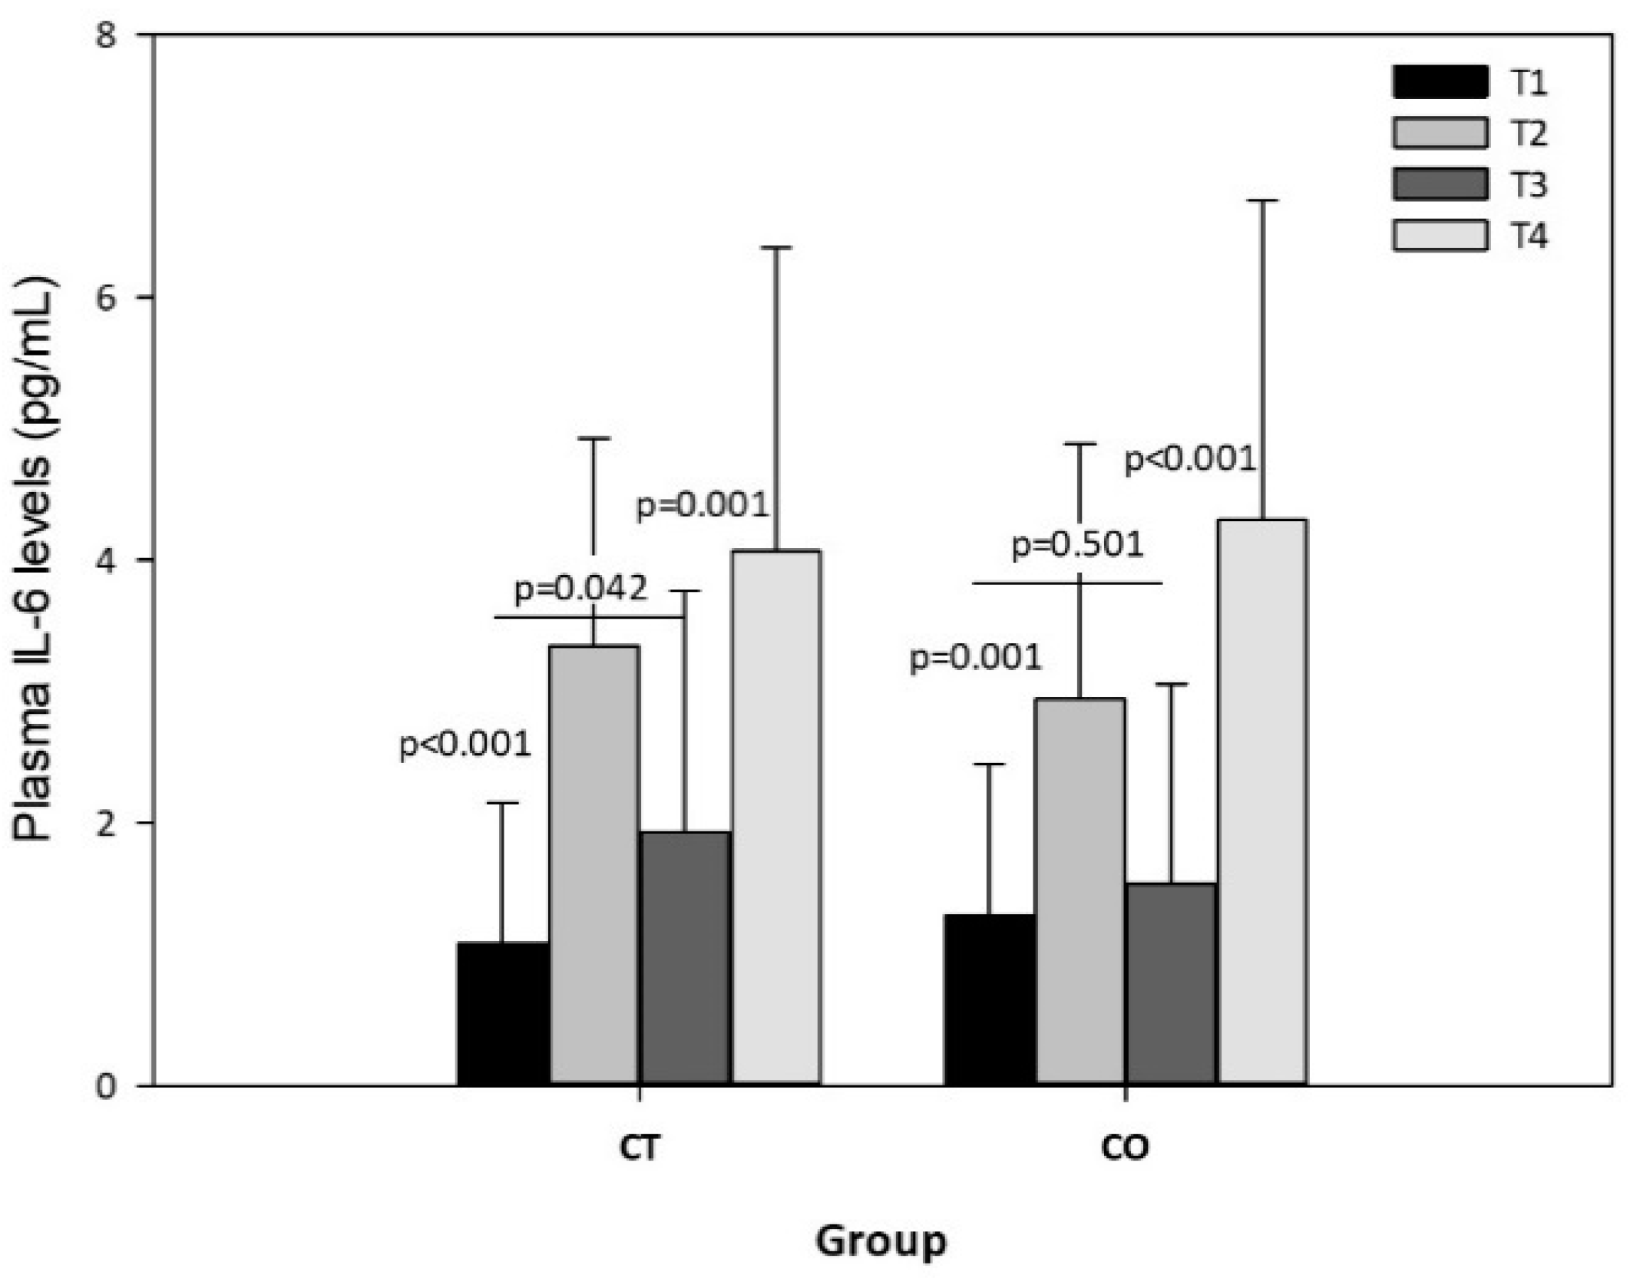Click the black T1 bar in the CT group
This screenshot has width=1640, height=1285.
[x=503, y=1012]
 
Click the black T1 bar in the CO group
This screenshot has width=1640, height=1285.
[x=989, y=999]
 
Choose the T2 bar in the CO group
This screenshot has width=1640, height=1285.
[x=1080, y=891]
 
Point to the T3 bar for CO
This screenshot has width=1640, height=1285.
[x=1172, y=983]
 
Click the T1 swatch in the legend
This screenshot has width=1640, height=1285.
[x=1440, y=82]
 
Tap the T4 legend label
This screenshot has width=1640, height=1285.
[x=1529, y=236]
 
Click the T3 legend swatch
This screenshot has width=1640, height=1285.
[x=1440, y=184]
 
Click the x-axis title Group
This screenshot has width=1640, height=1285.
[x=881, y=1241]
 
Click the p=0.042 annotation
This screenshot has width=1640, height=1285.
[x=580, y=590]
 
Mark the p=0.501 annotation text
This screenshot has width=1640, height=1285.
[x=1077, y=545]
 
